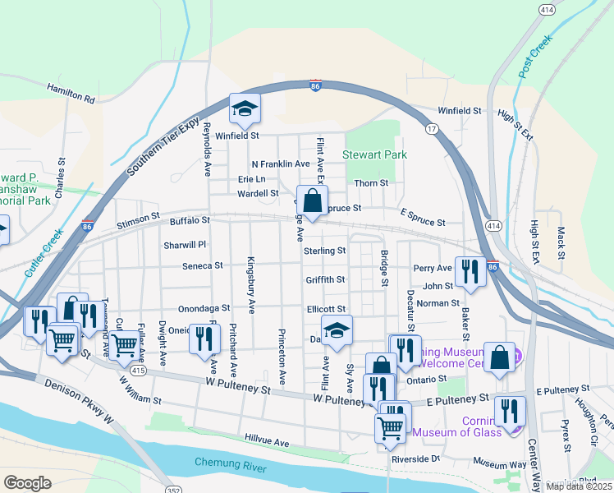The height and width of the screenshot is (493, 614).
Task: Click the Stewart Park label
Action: click(376, 154)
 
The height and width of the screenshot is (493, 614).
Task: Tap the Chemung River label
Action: click(230, 463)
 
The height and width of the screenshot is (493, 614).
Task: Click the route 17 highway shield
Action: click(430, 129)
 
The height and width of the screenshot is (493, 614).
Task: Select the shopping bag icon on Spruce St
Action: click(312, 200)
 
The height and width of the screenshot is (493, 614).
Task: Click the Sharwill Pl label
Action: click(184, 245)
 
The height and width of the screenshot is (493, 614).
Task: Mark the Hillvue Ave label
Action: click(267, 442)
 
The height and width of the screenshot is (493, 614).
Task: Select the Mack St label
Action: click(561, 242)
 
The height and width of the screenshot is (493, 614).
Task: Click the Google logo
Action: click(27, 483)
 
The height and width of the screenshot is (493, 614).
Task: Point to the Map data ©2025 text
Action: click(578, 486)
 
